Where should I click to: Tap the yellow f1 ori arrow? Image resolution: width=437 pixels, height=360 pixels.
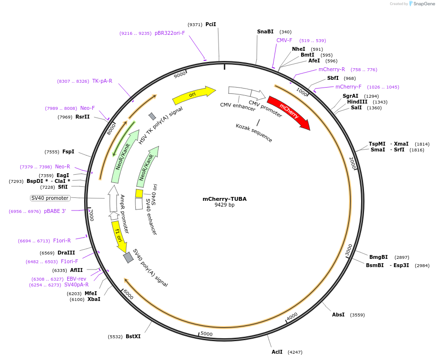[x=118, y=236]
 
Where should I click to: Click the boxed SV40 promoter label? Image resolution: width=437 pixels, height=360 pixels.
[x=50, y=198]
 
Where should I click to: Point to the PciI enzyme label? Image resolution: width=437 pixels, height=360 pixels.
[x=211, y=24]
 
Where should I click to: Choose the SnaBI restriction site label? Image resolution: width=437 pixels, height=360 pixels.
[x=265, y=31]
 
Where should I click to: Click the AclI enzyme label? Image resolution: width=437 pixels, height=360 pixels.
[x=277, y=352]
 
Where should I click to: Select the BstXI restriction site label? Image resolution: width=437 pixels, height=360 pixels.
[x=133, y=336]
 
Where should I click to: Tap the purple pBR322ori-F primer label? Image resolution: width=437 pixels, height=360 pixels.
[x=170, y=33]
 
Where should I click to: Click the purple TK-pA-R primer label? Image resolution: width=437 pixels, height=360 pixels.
[x=102, y=81]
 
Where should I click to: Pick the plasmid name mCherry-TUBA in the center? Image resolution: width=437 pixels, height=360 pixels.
[x=224, y=199]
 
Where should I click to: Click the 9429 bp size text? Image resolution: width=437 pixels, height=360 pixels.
[x=224, y=205]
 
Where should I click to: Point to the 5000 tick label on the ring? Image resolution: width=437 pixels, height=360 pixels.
[x=206, y=334]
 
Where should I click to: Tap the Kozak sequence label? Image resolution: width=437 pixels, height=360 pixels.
[x=254, y=133]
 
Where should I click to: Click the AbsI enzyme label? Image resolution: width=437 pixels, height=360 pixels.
[x=338, y=315]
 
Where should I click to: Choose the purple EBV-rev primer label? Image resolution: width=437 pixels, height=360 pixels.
[x=76, y=279]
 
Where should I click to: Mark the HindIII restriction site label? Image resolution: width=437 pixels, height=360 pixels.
[x=357, y=102]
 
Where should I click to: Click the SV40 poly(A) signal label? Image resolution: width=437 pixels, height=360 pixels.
[x=150, y=268]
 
